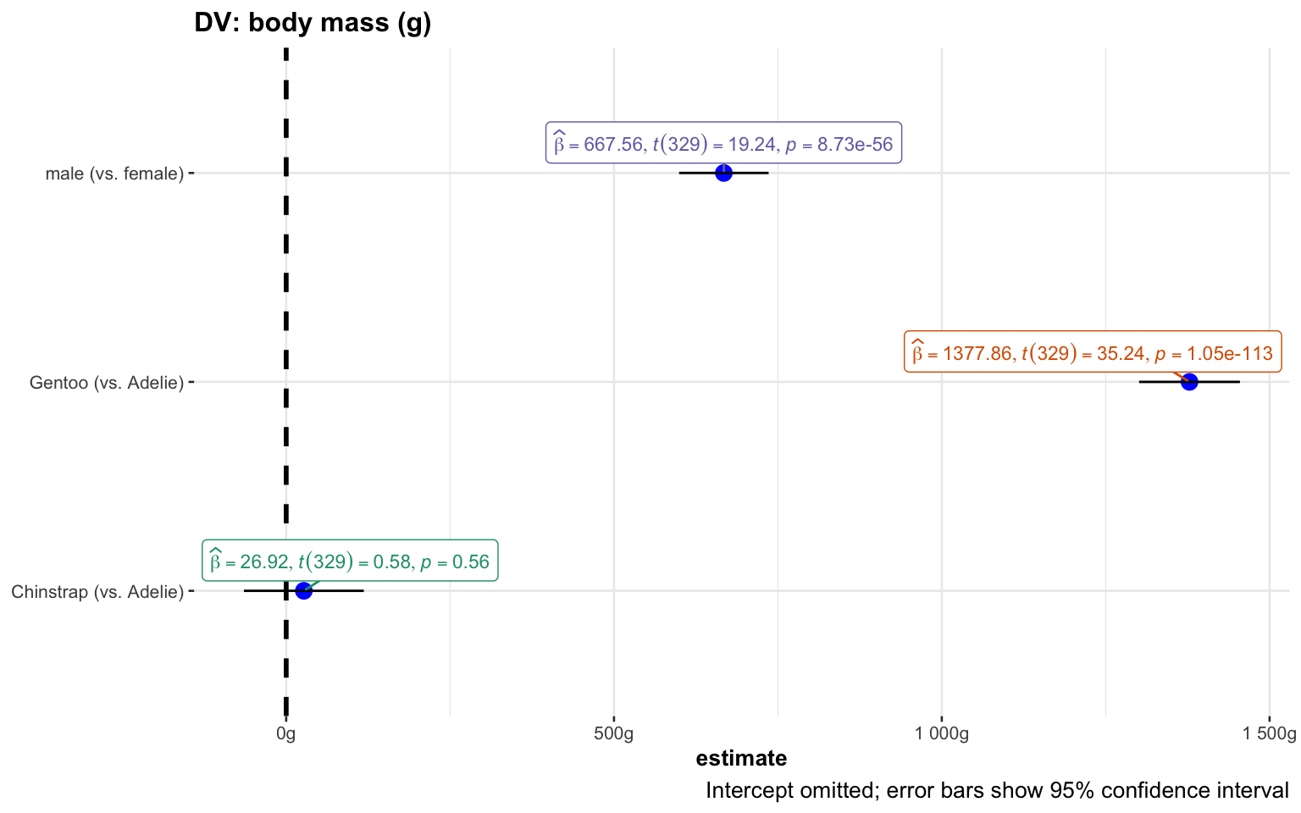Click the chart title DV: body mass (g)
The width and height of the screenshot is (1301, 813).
tap(313, 23)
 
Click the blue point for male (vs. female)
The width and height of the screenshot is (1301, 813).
tap(723, 173)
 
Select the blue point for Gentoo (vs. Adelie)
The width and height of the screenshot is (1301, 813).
tap(1189, 382)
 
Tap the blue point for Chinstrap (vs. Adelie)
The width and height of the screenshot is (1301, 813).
tap(304, 590)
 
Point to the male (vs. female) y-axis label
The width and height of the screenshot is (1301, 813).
tap(114, 174)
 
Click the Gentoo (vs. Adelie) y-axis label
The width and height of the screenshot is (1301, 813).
tap(107, 383)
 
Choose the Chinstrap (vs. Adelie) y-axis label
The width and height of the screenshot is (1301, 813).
tap(97, 592)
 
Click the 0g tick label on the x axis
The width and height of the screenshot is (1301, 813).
tap(286, 734)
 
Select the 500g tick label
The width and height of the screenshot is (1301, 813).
tap(613, 734)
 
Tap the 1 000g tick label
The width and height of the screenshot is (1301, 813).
tap(941, 734)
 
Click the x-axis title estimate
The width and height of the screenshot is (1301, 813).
tap(741, 758)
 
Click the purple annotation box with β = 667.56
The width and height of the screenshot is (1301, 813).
tap(723, 144)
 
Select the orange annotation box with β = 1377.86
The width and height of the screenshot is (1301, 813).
tap(1093, 352)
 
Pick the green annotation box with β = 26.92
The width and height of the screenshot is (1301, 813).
tap(350, 561)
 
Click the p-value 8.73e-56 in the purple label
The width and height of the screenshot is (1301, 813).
tap(855, 145)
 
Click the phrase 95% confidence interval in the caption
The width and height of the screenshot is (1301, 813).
tap(1169, 791)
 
